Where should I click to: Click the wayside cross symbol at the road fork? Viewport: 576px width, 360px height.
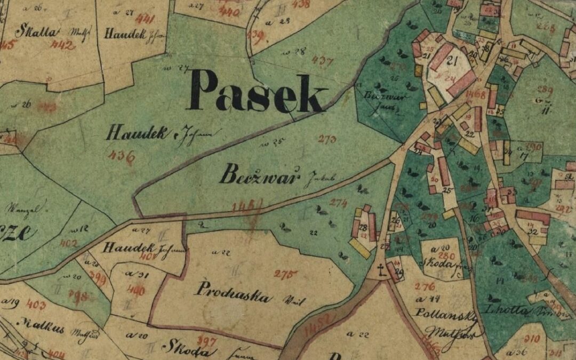(381, 270)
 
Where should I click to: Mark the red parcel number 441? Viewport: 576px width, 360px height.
(145, 20)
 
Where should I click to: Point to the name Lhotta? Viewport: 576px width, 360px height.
(502, 310)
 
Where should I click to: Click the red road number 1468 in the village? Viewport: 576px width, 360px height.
(475, 95)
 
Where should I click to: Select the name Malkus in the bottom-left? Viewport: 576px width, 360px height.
(40, 326)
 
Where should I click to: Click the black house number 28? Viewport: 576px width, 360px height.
(363, 228)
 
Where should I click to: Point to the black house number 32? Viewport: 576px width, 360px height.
(532, 232)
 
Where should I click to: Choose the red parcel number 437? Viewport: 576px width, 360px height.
(322, 60)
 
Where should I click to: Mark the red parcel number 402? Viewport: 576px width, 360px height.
(68, 244)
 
